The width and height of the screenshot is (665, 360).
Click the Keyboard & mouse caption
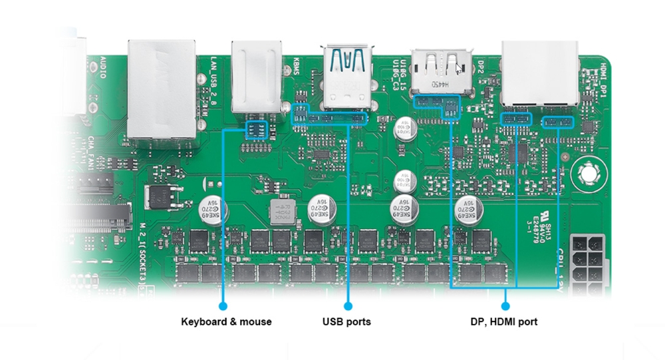pyautogui.click(x=226, y=322)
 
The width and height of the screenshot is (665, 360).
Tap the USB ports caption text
pyautogui.click(x=346, y=322)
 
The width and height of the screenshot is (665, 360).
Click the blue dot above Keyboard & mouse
pyautogui.click(x=223, y=306)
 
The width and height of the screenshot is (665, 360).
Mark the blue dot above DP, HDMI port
pyautogui.click(x=505, y=306)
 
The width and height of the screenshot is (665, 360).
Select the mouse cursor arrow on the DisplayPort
pyautogui.click(x=458, y=68)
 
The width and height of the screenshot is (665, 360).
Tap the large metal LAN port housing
pyautogui.click(x=162, y=90)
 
